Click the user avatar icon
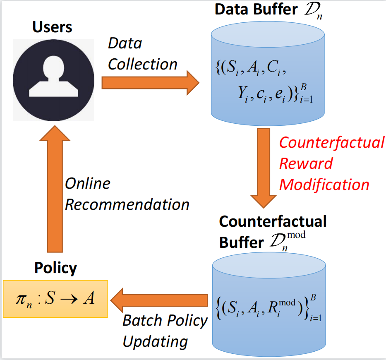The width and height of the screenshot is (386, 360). pyautogui.click(x=53, y=80)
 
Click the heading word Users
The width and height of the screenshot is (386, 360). pyautogui.click(x=52, y=27)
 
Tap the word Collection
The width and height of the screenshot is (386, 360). pyautogui.click(x=143, y=64)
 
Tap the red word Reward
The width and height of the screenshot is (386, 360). pyautogui.click(x=306, y=163)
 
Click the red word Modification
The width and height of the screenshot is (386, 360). pyautogui.click(x=324, y=184)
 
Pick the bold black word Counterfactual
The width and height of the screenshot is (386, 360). pyautogui.click(x=273, y=222)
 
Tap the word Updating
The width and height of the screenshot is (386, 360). pyautogui.click(x=156, y=341)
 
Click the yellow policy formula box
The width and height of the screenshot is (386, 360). pyautogui.click(x=55, y=299)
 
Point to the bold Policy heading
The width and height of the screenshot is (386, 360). pyautogui.click(x=55, y=268)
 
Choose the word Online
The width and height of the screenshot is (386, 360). pyautogui.click(x=88, y=184)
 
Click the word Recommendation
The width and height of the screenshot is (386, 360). pyautogui.click(x=127, y=204)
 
